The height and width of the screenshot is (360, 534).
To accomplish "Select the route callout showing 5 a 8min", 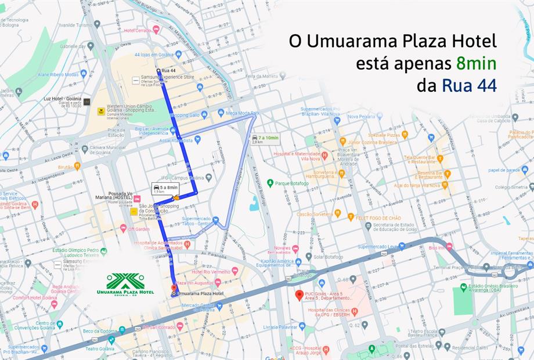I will point(165,188).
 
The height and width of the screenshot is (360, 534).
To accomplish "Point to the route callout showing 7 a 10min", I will point(266,139).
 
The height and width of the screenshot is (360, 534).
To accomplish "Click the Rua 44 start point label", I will point(169,71).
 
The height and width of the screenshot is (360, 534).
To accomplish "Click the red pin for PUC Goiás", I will point(300,295).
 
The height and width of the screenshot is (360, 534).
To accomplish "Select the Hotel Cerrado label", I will point(137,30).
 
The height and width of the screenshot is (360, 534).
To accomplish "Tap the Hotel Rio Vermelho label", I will point(211,272).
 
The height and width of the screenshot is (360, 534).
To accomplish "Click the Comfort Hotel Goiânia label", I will point(30,297).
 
